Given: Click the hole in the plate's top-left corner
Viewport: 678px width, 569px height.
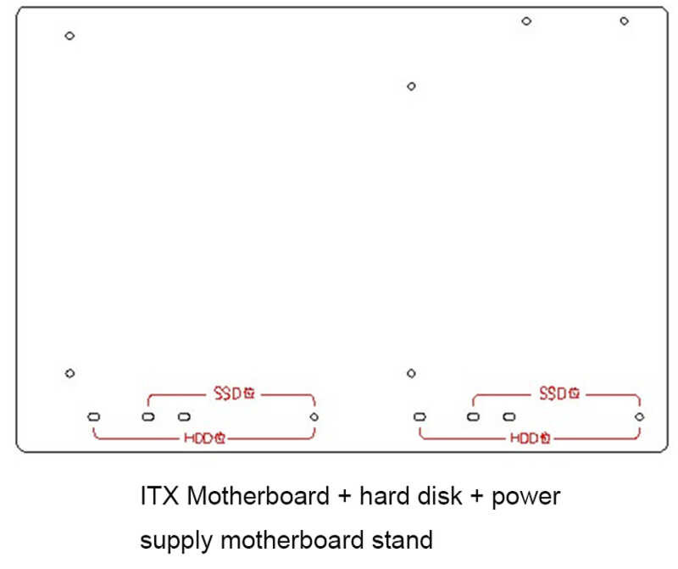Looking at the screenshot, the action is pyautogui.click(x=69, y=36).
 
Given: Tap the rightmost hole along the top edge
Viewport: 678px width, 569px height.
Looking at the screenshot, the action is pyautogui.click(x=624, y=21).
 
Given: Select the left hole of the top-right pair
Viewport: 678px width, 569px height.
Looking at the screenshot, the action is pyautogui.click(x=526, y=21).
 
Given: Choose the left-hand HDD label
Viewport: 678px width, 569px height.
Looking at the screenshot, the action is pyautogui.click(x=204, y=439).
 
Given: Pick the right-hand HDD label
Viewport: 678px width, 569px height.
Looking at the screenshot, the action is pyautogui.click(x=531, y=439).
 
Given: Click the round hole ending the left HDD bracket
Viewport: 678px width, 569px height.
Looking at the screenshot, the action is pyautogui.click(x=314, y=417).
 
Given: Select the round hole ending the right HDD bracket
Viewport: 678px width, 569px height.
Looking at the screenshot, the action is pyautogui.click(x=640, y=417).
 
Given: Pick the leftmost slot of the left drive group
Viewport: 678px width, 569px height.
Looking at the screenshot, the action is pyautogui.click(x=94, y=417).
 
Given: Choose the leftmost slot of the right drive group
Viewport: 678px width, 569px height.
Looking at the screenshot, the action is pyautogui.click(x=420, y=417).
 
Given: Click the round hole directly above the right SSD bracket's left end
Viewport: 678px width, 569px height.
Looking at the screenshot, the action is pyautogui.click(x=411, y=373).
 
